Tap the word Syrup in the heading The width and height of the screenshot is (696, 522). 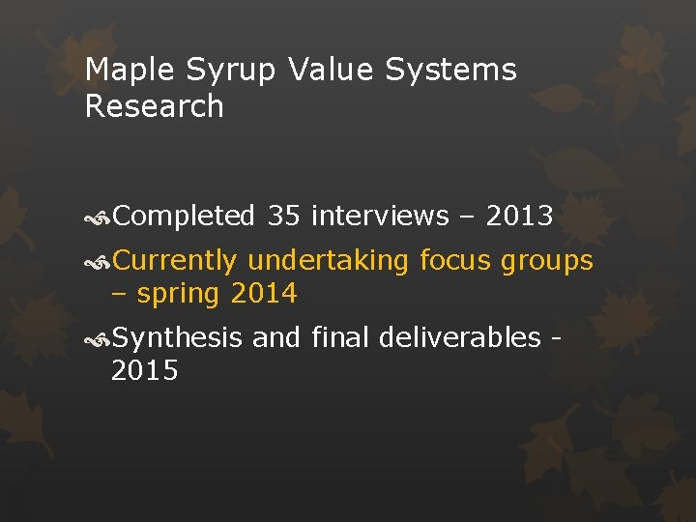click(x=220, y=71)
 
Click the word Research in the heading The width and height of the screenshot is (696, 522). click(x=155, y=106)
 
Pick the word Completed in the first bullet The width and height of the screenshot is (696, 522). click(x=184, y=217)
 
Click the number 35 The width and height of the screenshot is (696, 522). click(x=284, y=217)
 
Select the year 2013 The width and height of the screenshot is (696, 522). click(x=519, y=217)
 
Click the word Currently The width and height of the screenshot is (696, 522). click(x=175, y=261)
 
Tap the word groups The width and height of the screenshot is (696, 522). click(x=548, y=261)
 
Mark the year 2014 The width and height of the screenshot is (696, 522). click(x=263, y=294)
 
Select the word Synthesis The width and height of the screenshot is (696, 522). click(x=177, y=338)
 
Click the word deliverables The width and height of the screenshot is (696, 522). click(x=460, y=338)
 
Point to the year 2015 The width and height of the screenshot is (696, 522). click(x=145, y=371)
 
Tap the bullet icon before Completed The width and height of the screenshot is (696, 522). click(x=98, y=217)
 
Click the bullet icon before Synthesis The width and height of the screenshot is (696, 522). click(x=98, y=339)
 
